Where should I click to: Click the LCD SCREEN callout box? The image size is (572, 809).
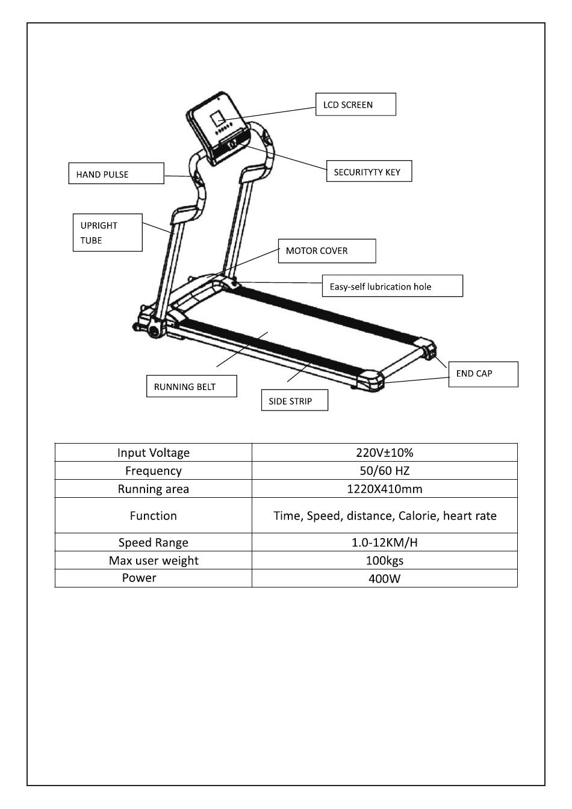[x=355, y=104]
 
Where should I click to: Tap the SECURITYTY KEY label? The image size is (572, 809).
[x=368, y=172]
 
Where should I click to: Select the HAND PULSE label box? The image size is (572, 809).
[x=116, y=174]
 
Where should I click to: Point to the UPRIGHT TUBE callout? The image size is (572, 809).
[x=107, y=232]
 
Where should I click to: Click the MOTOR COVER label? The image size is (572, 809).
[x=326, y=251]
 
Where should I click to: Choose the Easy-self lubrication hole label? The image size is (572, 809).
[x=392, y=287]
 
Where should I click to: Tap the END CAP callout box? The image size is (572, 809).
[x=483, y=374]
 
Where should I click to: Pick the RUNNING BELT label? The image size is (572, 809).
[x=191, y=386]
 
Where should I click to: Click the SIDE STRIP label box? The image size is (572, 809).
[x=294, y=401]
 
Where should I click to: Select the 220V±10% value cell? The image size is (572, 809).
[x=384, y=453]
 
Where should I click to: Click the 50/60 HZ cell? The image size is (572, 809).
[x=384, y=471]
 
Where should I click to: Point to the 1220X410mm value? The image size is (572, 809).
[x=384, y=489]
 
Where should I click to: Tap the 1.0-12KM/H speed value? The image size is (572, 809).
[x=384, y=542]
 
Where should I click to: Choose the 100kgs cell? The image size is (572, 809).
[x=384, y=560]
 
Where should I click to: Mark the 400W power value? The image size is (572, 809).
[x=384, y=578]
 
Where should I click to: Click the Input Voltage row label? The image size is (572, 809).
[x=153, y=453]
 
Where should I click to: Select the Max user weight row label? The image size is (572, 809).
[x=153, y=560]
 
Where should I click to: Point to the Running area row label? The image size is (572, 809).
[x=153, y=489]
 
